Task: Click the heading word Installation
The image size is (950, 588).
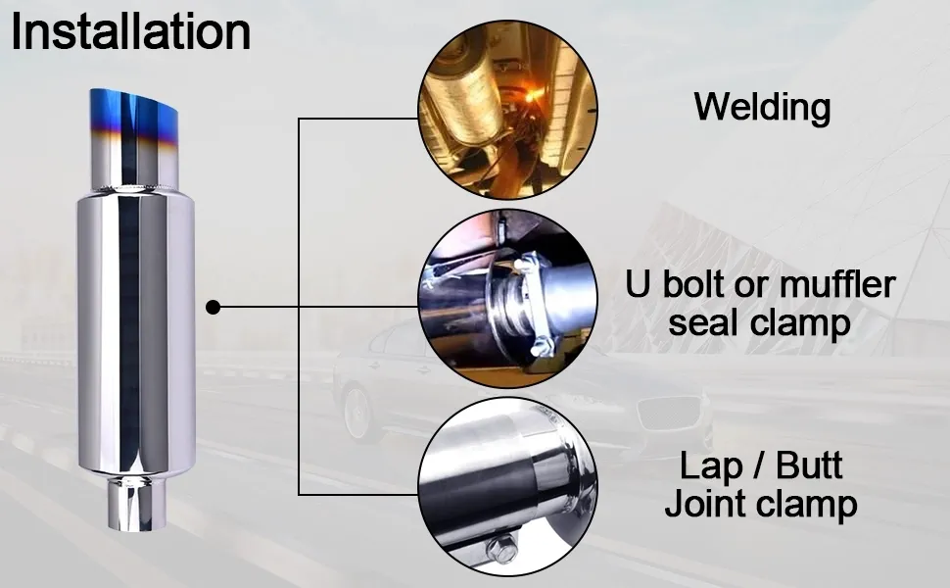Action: (x=130, y=32)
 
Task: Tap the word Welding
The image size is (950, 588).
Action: (x=762, y=107)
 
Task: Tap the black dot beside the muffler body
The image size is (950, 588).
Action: (x=214, y=308)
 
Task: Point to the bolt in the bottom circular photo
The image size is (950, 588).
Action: (x=501, y=551)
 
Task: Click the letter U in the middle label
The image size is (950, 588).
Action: (x=639, y=285)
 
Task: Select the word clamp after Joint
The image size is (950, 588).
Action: (x=808, y=504)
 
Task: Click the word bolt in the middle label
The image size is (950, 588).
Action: (x=698, y=285)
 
